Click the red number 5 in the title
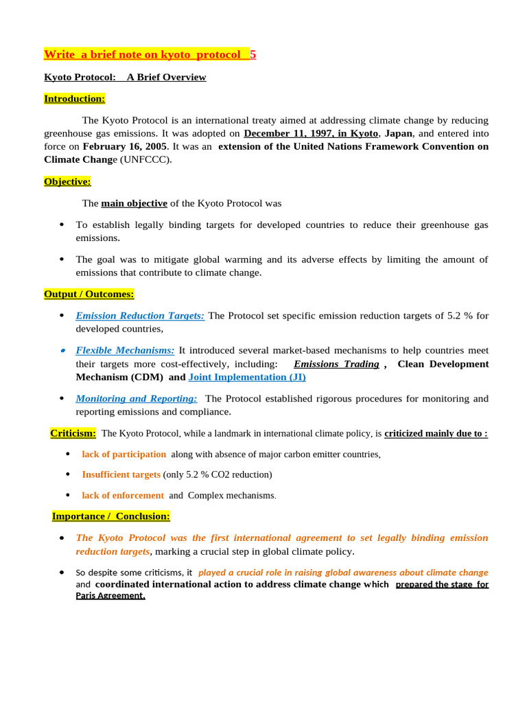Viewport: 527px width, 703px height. pos(253,54)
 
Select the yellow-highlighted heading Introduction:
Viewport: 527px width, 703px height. pos(74,99)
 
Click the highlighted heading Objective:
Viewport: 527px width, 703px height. pos(67,182)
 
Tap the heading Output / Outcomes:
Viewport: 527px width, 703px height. pos(89,295)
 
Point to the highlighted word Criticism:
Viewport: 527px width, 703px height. pos(73,433)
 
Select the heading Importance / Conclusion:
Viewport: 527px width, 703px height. pos(110,516)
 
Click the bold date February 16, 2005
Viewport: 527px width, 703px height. pos(124,146)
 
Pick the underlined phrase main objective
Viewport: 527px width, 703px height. pos(134,203)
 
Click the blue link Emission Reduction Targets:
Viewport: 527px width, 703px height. pos(140,316)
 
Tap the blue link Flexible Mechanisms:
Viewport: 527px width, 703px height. pos(125,350)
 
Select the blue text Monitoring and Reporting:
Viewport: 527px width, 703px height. pos(136,398)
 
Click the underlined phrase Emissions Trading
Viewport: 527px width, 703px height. pos(336,364)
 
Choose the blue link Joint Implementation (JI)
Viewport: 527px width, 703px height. pos(247,377)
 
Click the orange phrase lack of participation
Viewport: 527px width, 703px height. pos(124,454)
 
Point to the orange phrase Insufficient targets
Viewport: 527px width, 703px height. pos(121,474)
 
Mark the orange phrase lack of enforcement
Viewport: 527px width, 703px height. pos(123,496)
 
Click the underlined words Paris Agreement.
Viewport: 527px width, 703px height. pos(110,596)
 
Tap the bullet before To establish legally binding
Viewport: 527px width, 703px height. pos(62,224)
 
